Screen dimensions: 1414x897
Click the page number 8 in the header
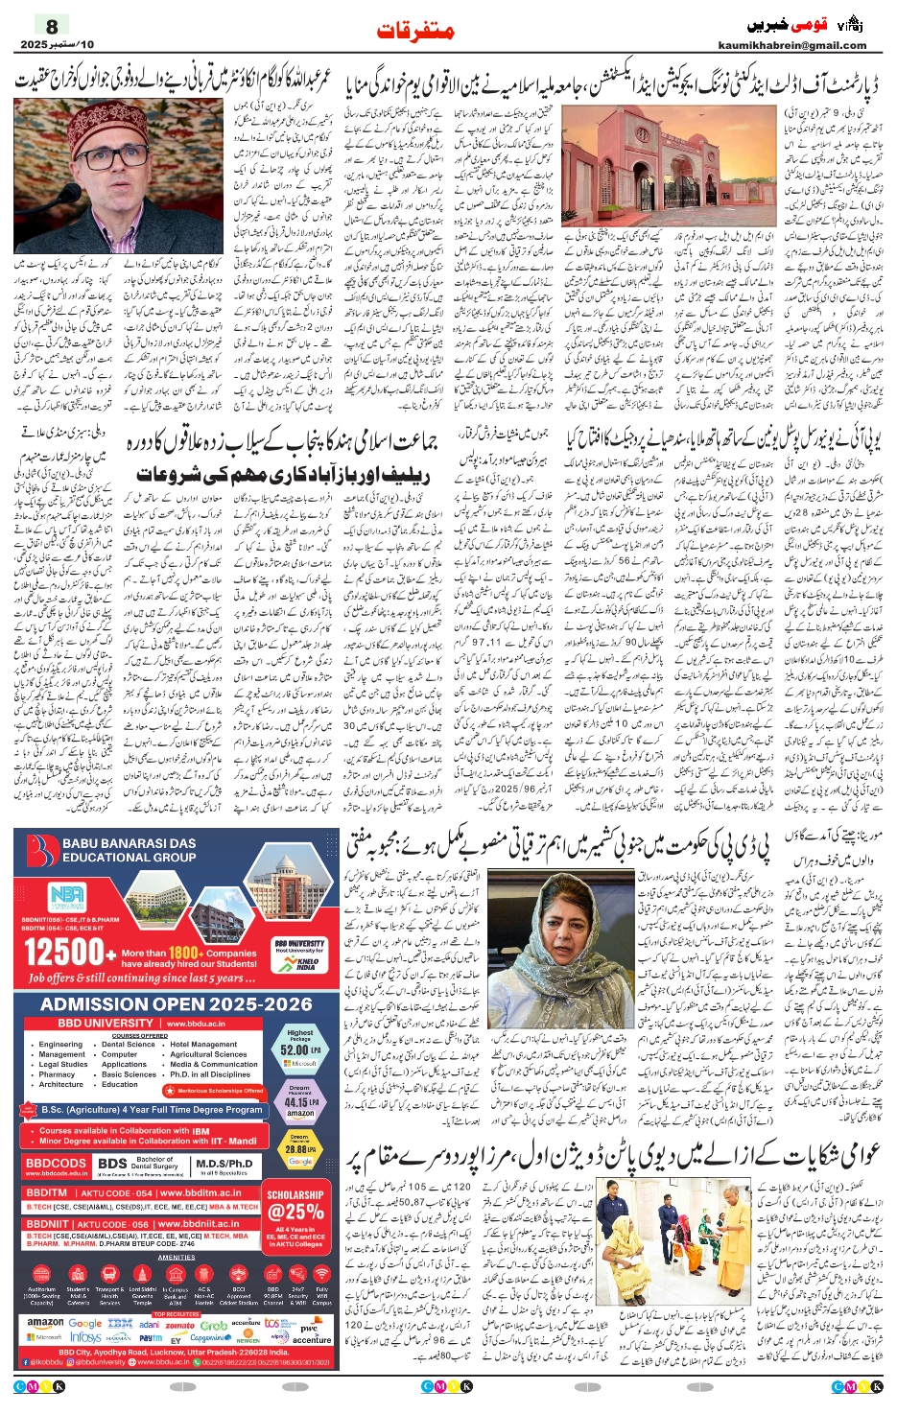click(x=52, y=27)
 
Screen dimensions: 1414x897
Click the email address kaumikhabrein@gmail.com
click(x=791, y=45)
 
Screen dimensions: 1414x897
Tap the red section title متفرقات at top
click(x=414, y=31)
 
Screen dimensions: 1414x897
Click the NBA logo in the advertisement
click(x=67, y=896)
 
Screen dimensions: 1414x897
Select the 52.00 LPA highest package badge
click(x=299, y=1049)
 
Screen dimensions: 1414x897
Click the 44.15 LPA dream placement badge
click(x=299, y=1102)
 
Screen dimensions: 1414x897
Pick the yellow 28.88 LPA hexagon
click(x=299, y=1148)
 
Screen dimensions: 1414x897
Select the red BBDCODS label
click(x=57, y=1163)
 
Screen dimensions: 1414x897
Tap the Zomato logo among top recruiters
click(x=179, y=1325)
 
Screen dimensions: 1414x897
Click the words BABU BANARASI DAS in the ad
click(x=129, y=843)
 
